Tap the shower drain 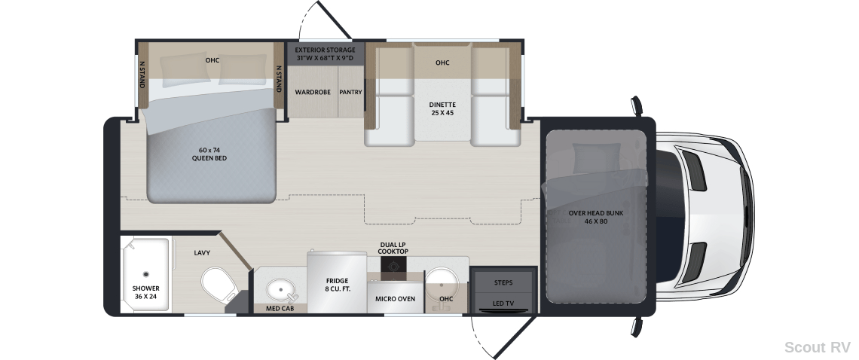pos(145,274)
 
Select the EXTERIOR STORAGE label pos(325,50)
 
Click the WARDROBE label pos(313,92)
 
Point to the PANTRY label pos(350,92)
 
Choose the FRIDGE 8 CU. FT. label pos(337,285)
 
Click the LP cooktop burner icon pos(394,265)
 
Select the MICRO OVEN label pos(395,299)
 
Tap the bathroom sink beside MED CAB pos(281,290)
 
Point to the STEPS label pos(503,282)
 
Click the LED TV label pos(503,304)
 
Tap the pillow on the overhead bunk pos(597,158)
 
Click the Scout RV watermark pos(818,347)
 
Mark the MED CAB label pos(280,309)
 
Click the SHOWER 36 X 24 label pos(145,293)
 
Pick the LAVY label pos(202,253)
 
